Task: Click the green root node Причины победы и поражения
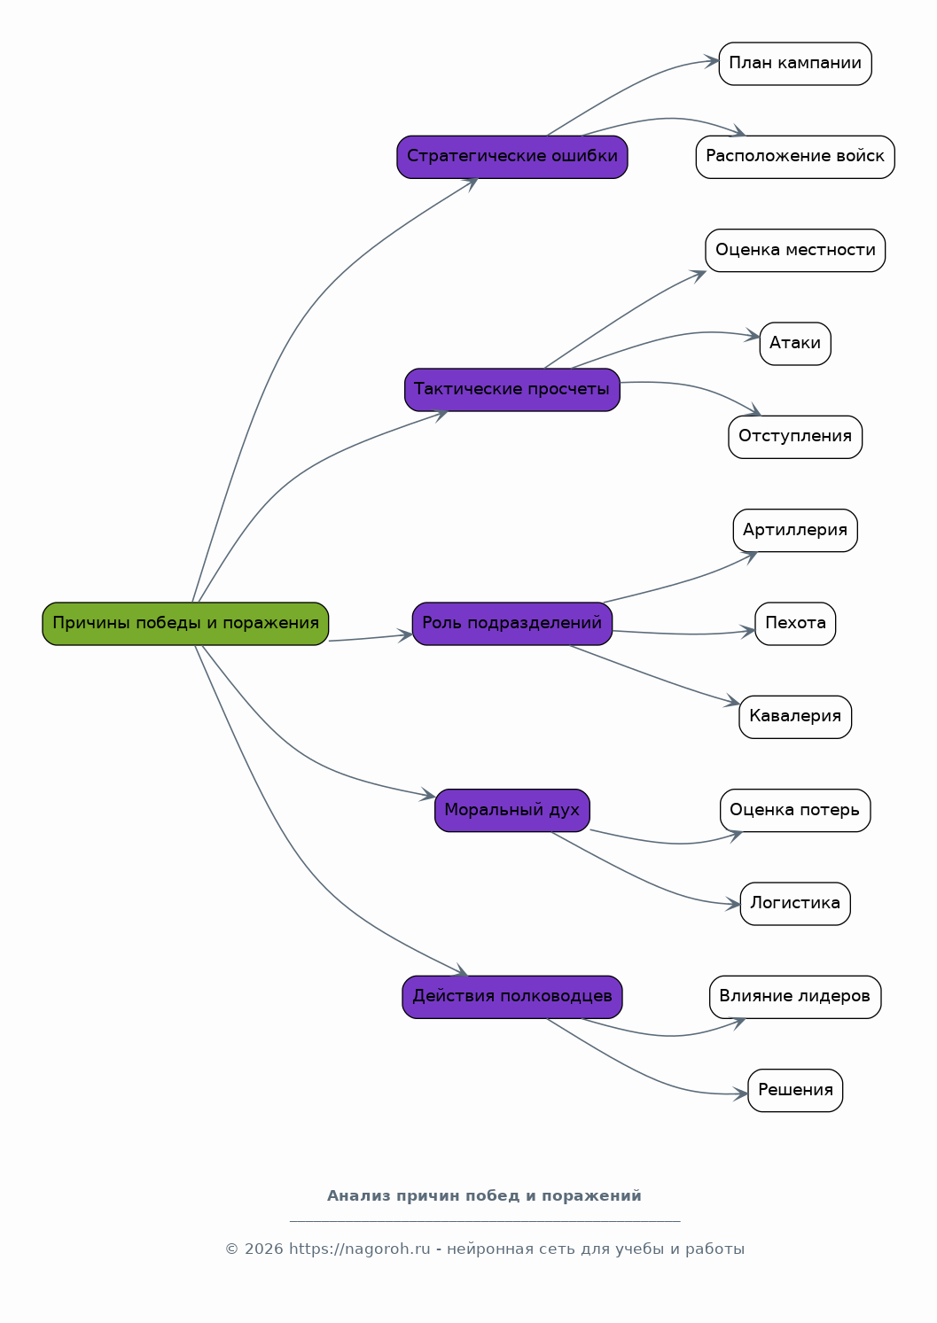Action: pyautogui.click(x=185, y=624)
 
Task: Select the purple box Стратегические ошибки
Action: pyautogui.click(x=512, y=157)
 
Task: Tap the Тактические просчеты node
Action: pyautogui.click(x=512, y=390)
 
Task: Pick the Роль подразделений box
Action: pyautogui.click(x=512, y=624)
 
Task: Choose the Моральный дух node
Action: pyautogui.click(x=512, y=810)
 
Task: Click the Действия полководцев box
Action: pyautogui.click(x=512, y=997)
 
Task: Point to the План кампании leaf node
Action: pyautogui.click(x=795, y=64)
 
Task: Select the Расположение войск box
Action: pyautogui.click(x=795, y=157)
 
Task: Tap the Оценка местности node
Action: pyautogui.click(x=795, y=251)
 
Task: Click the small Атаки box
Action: pyautogui.click(x=795, y=344)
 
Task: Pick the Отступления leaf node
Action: pyautogui.click(x=795, y=437)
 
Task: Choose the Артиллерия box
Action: pyautogui.click(x=795, y=531)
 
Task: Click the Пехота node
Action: pyautogui.click(x=795, y=624)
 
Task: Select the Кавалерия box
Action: pyautogui.click(x=795, y=717)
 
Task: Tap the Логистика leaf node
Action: pyautogui.click(x=795, y=904)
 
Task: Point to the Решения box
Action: pyautogui.click(x=795, y=1090)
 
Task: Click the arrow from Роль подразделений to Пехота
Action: pyautogui.click(x=684, y=634)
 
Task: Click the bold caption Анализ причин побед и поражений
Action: pyautogui.click(x=484, y=1195)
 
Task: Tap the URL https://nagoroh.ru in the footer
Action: pyautogui.click(x=359, y=1249)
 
